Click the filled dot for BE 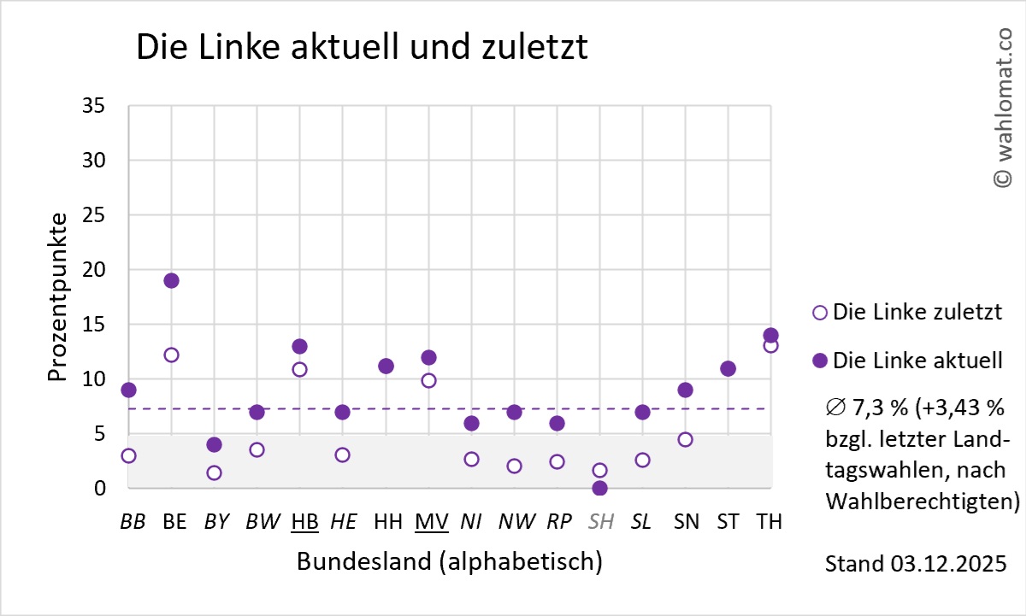click(x=171, y=280)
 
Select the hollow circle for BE click(x=171, y=355)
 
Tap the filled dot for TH click(x=770, y=335)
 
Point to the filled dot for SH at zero click(x=599, y=488)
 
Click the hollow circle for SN click(x=685, y=439)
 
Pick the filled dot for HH click(x=386, y=366)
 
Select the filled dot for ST click(x=728, y=368)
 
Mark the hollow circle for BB click(x=128, y=455)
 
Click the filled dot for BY click(x=214, y=444)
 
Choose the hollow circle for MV click(x=428, y=380)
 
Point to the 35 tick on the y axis click(x=94, y=106)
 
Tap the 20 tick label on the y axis click(x=94, y=270)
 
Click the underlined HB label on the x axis click(x=304, y=521)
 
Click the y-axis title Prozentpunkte click(x=57, y=297)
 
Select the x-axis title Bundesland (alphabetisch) click(x=449, y=561)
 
